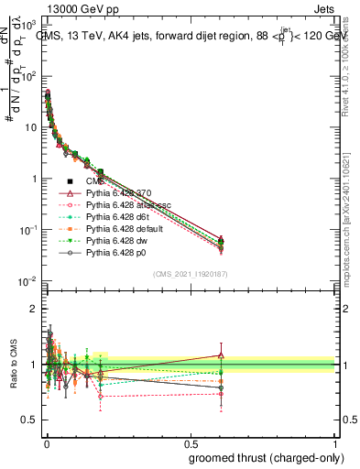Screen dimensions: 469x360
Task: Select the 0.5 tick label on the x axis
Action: [190, 442]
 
